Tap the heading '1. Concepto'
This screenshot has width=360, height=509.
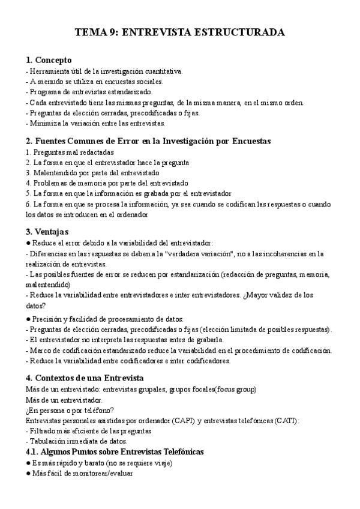pyautogui.click(x=49, y=60)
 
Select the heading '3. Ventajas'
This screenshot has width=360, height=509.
pyautogui.click(x=47, y=232)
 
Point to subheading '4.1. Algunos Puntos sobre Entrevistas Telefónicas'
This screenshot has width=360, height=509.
pyautogui.click(x=115, y=451)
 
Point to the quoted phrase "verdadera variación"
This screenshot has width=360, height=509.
pyautogui.click(x=203, y=254)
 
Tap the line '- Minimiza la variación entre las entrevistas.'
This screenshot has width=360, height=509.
pyautogui.click(x=95, y=123)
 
